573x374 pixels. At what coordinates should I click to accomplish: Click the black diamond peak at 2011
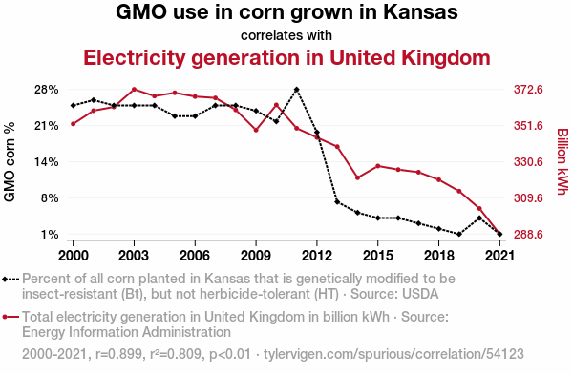click(296, 90)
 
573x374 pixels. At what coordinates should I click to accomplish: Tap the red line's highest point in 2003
click(134, 89)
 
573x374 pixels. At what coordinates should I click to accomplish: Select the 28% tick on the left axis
click(47, 90)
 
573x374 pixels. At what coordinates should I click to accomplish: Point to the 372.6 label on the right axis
click(528, 90)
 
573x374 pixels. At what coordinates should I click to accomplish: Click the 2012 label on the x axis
click(317, 256)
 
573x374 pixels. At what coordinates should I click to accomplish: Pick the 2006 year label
click(195, 256)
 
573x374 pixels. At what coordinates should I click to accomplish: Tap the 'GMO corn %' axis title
click(10, 162)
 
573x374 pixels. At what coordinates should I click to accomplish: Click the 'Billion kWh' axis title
click(562, 162)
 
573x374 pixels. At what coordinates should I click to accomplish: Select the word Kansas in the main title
click(420, 11)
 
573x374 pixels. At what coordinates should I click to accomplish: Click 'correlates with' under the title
click(286, 35)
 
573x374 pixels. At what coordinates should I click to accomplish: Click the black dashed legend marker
click(11, 280)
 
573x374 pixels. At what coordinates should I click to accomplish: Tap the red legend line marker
click(11, 317)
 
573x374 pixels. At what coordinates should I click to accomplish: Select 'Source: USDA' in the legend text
click(394, 294)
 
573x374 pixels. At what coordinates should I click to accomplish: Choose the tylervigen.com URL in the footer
click(393, 354)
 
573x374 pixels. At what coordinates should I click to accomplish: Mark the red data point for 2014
click(357, 177)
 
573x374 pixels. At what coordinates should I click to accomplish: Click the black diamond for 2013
click(337, 202)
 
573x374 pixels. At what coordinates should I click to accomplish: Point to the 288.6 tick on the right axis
click(528, 235)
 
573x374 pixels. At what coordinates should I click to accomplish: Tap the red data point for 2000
click(74, 124)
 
